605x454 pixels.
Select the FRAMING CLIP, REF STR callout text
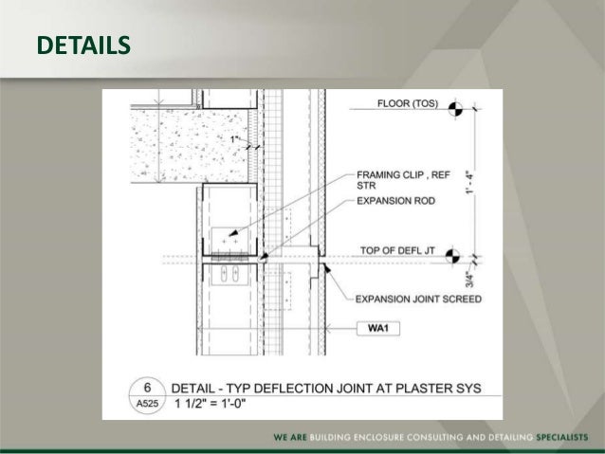pyautogui.click(x=390, y=180)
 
